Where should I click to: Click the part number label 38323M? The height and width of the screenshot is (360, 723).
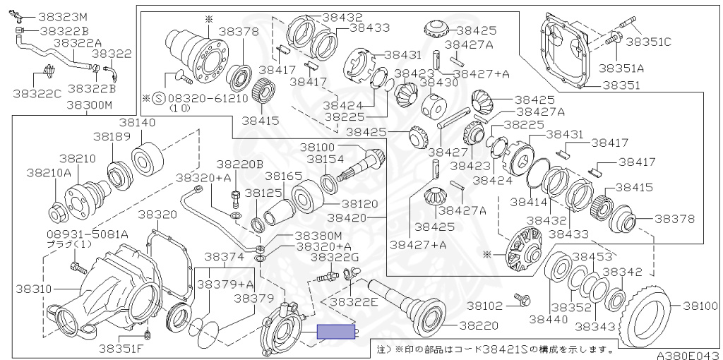63,16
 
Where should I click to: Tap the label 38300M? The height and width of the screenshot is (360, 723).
90,105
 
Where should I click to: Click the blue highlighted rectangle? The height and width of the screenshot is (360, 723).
336,331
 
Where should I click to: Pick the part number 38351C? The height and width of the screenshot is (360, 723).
649,41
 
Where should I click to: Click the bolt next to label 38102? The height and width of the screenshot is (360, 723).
522,299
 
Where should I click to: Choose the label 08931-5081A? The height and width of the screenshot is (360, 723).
78,234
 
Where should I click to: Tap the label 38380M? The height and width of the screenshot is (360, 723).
318,235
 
